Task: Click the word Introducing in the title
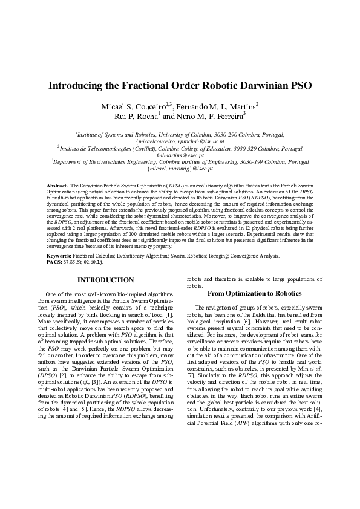click(x=78, y=85)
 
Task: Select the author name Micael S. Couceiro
click(x=136, y=106)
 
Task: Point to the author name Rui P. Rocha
click(x=137, y=116)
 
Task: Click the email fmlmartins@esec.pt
click(x=180, y=155)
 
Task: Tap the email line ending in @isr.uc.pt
click(x=180, y=141)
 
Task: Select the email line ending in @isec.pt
click(x=180, y=169)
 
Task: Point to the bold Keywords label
click(x=59, y=256)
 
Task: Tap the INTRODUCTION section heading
click(x=106, y=280)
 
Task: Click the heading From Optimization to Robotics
click(x=254, y=293)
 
